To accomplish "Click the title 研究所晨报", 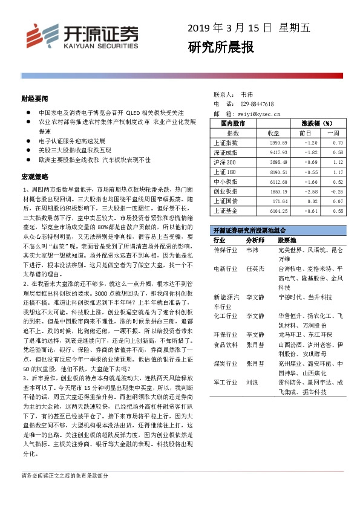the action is (x=220, y=47).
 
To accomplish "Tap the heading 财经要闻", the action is (x=34, y=97).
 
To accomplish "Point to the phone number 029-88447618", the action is (x=257, y=104).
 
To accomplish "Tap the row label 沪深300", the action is (x=225, y=162).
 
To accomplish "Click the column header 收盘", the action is (x=273, y=132).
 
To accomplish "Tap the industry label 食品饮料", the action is (x=225, y=345).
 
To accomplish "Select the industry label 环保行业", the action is (x=225, y=335).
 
